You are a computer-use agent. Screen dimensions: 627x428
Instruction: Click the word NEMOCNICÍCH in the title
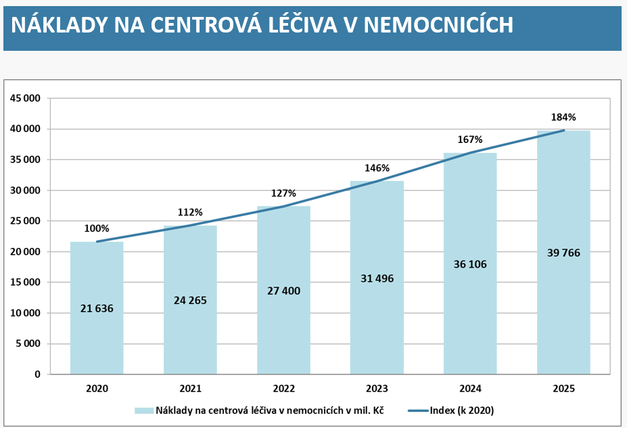click(x=439, y=25)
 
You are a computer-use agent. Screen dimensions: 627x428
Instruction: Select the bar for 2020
click(x=97, y=308)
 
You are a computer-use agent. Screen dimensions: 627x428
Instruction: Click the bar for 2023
click(x=377, y=278)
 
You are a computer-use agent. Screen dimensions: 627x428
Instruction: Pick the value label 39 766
click(x=563, y=253)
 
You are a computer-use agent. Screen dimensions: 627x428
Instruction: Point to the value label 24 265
click(x=190, y=300)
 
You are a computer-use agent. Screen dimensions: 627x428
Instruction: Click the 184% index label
click(x=563, y=117)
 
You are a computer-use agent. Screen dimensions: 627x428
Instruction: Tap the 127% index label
click(x=283, y=194)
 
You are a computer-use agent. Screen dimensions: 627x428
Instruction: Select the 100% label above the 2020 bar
click(x=97, y=228)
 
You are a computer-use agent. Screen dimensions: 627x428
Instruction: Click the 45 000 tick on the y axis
click(x=25, y=98)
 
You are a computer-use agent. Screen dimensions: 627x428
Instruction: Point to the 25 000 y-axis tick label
click(x=25, y=221)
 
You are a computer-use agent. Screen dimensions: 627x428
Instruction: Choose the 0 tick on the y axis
click(x=38, y=374)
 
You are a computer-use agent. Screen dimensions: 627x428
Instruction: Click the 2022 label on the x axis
click(x=283, y=388)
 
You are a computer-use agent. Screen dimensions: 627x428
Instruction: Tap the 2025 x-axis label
click(x=564, y=388)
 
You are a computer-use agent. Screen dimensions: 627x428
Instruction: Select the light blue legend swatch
click(x=144, y=411)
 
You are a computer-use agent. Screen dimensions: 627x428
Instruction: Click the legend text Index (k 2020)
click(x=462, y=410)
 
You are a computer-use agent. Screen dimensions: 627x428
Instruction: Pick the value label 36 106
click(x=470, y=264)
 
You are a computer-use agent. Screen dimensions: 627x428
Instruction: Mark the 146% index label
click(x=377, y=168)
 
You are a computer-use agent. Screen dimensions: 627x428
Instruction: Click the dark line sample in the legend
click(x=419, y=411)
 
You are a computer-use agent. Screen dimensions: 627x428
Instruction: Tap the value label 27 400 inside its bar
click(x=283, y=291)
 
